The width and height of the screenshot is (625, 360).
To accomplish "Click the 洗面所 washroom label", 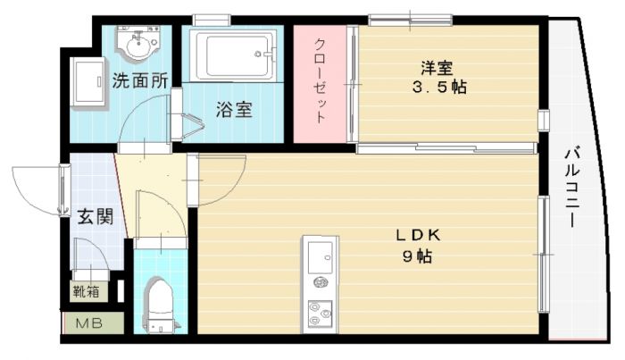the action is (139, 81).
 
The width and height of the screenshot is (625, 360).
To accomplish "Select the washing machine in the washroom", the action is (87, 81).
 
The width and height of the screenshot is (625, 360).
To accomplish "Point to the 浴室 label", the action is (234, 109).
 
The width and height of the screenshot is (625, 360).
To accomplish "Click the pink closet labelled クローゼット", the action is (320, 83).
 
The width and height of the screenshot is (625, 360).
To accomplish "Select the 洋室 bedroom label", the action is (437, 68).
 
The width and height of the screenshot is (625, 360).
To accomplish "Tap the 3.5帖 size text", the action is (439, 87).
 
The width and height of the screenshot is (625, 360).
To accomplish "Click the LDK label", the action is (418, 235).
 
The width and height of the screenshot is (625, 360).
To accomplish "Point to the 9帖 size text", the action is (418, 256).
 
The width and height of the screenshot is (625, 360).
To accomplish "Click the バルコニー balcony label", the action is (572, 188).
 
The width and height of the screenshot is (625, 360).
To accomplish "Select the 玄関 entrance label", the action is (96, 216).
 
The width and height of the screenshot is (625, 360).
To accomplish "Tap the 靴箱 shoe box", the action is (86, 291).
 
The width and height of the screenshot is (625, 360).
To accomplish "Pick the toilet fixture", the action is (160, 306).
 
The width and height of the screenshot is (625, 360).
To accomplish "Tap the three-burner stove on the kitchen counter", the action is (320, 313).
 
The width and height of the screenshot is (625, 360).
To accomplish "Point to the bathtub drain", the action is (258, 54).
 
